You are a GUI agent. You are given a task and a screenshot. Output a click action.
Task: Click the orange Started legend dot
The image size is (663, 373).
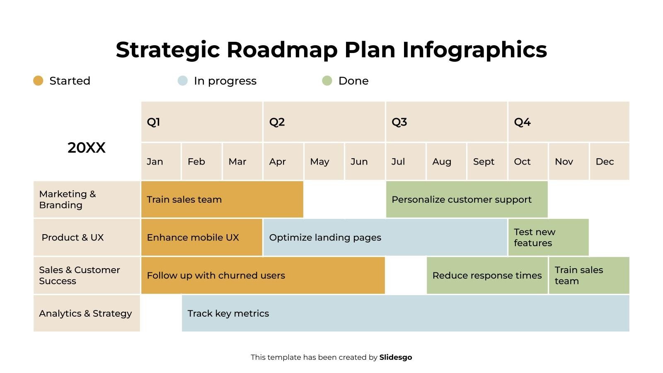(38, 80)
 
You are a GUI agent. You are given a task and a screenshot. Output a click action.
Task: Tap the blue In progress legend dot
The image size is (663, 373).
(182, 80)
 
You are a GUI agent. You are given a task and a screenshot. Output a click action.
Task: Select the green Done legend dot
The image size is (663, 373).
(327, 80)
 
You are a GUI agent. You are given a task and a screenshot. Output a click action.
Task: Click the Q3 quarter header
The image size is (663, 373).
(446, 122)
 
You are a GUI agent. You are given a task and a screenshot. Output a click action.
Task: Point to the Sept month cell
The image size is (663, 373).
(487, 162)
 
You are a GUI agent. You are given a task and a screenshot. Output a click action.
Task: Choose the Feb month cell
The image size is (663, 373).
(201, 162)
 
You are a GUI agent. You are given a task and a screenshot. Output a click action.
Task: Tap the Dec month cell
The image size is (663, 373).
(609, 162)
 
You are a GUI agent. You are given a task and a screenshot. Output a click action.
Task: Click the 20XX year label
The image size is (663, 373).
(87, 148)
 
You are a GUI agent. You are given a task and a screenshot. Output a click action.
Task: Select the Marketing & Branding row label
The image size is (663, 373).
(87, 199)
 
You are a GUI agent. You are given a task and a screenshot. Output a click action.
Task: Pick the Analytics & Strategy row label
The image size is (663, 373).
(87, 313)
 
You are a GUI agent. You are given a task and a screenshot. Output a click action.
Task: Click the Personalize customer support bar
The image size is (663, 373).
(467, 199)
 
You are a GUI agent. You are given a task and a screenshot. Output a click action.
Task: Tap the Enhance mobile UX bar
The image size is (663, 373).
(201, 237)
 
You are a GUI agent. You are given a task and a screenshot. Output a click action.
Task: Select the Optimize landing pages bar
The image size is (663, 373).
(385, 237)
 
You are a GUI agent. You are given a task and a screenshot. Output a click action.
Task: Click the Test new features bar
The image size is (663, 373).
(548, 237)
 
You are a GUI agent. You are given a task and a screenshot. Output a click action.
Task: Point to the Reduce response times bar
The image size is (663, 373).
(487, 276)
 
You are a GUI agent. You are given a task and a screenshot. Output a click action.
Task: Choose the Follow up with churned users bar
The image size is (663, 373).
(263, 276)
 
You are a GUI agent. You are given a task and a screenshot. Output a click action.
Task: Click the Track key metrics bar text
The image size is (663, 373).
(228, 313)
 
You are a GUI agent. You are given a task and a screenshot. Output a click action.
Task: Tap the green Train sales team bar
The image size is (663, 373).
(589, 276)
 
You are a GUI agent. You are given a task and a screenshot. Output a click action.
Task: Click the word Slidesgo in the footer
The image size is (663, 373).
(395, 357)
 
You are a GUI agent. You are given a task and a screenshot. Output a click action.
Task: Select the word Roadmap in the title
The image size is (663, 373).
(282, 50)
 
